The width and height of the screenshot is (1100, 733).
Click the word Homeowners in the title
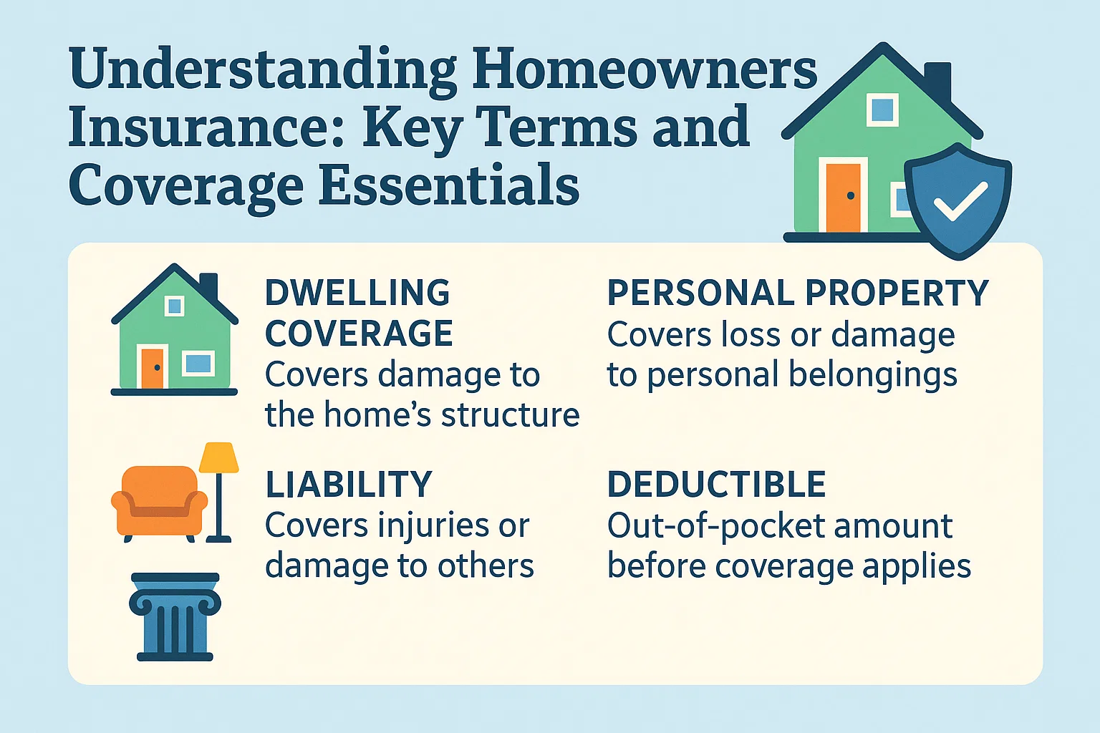pyautogui.click(x=644, y=69)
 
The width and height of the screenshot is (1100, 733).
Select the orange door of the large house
pyautogui.click(x=843, y=197)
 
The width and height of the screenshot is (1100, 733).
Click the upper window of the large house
pyautogui.click(x=882, y=110)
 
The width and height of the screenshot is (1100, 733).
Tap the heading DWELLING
pyautogui.click(x=357, y=293)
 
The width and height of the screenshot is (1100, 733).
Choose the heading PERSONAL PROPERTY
pyautogui.click(x=797, y=293)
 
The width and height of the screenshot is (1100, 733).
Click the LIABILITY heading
pyautogui.click(x=349, y=485)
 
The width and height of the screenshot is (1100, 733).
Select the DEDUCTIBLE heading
pyautogui.click(x=716, y=485)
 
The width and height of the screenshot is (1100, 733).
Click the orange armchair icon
pyautogui.click(x=159, y=501)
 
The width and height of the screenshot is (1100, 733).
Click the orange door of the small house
pyautogui.click(x=152, y=369)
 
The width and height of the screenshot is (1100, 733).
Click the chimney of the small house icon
pyautogui.click(x=208, y=286)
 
